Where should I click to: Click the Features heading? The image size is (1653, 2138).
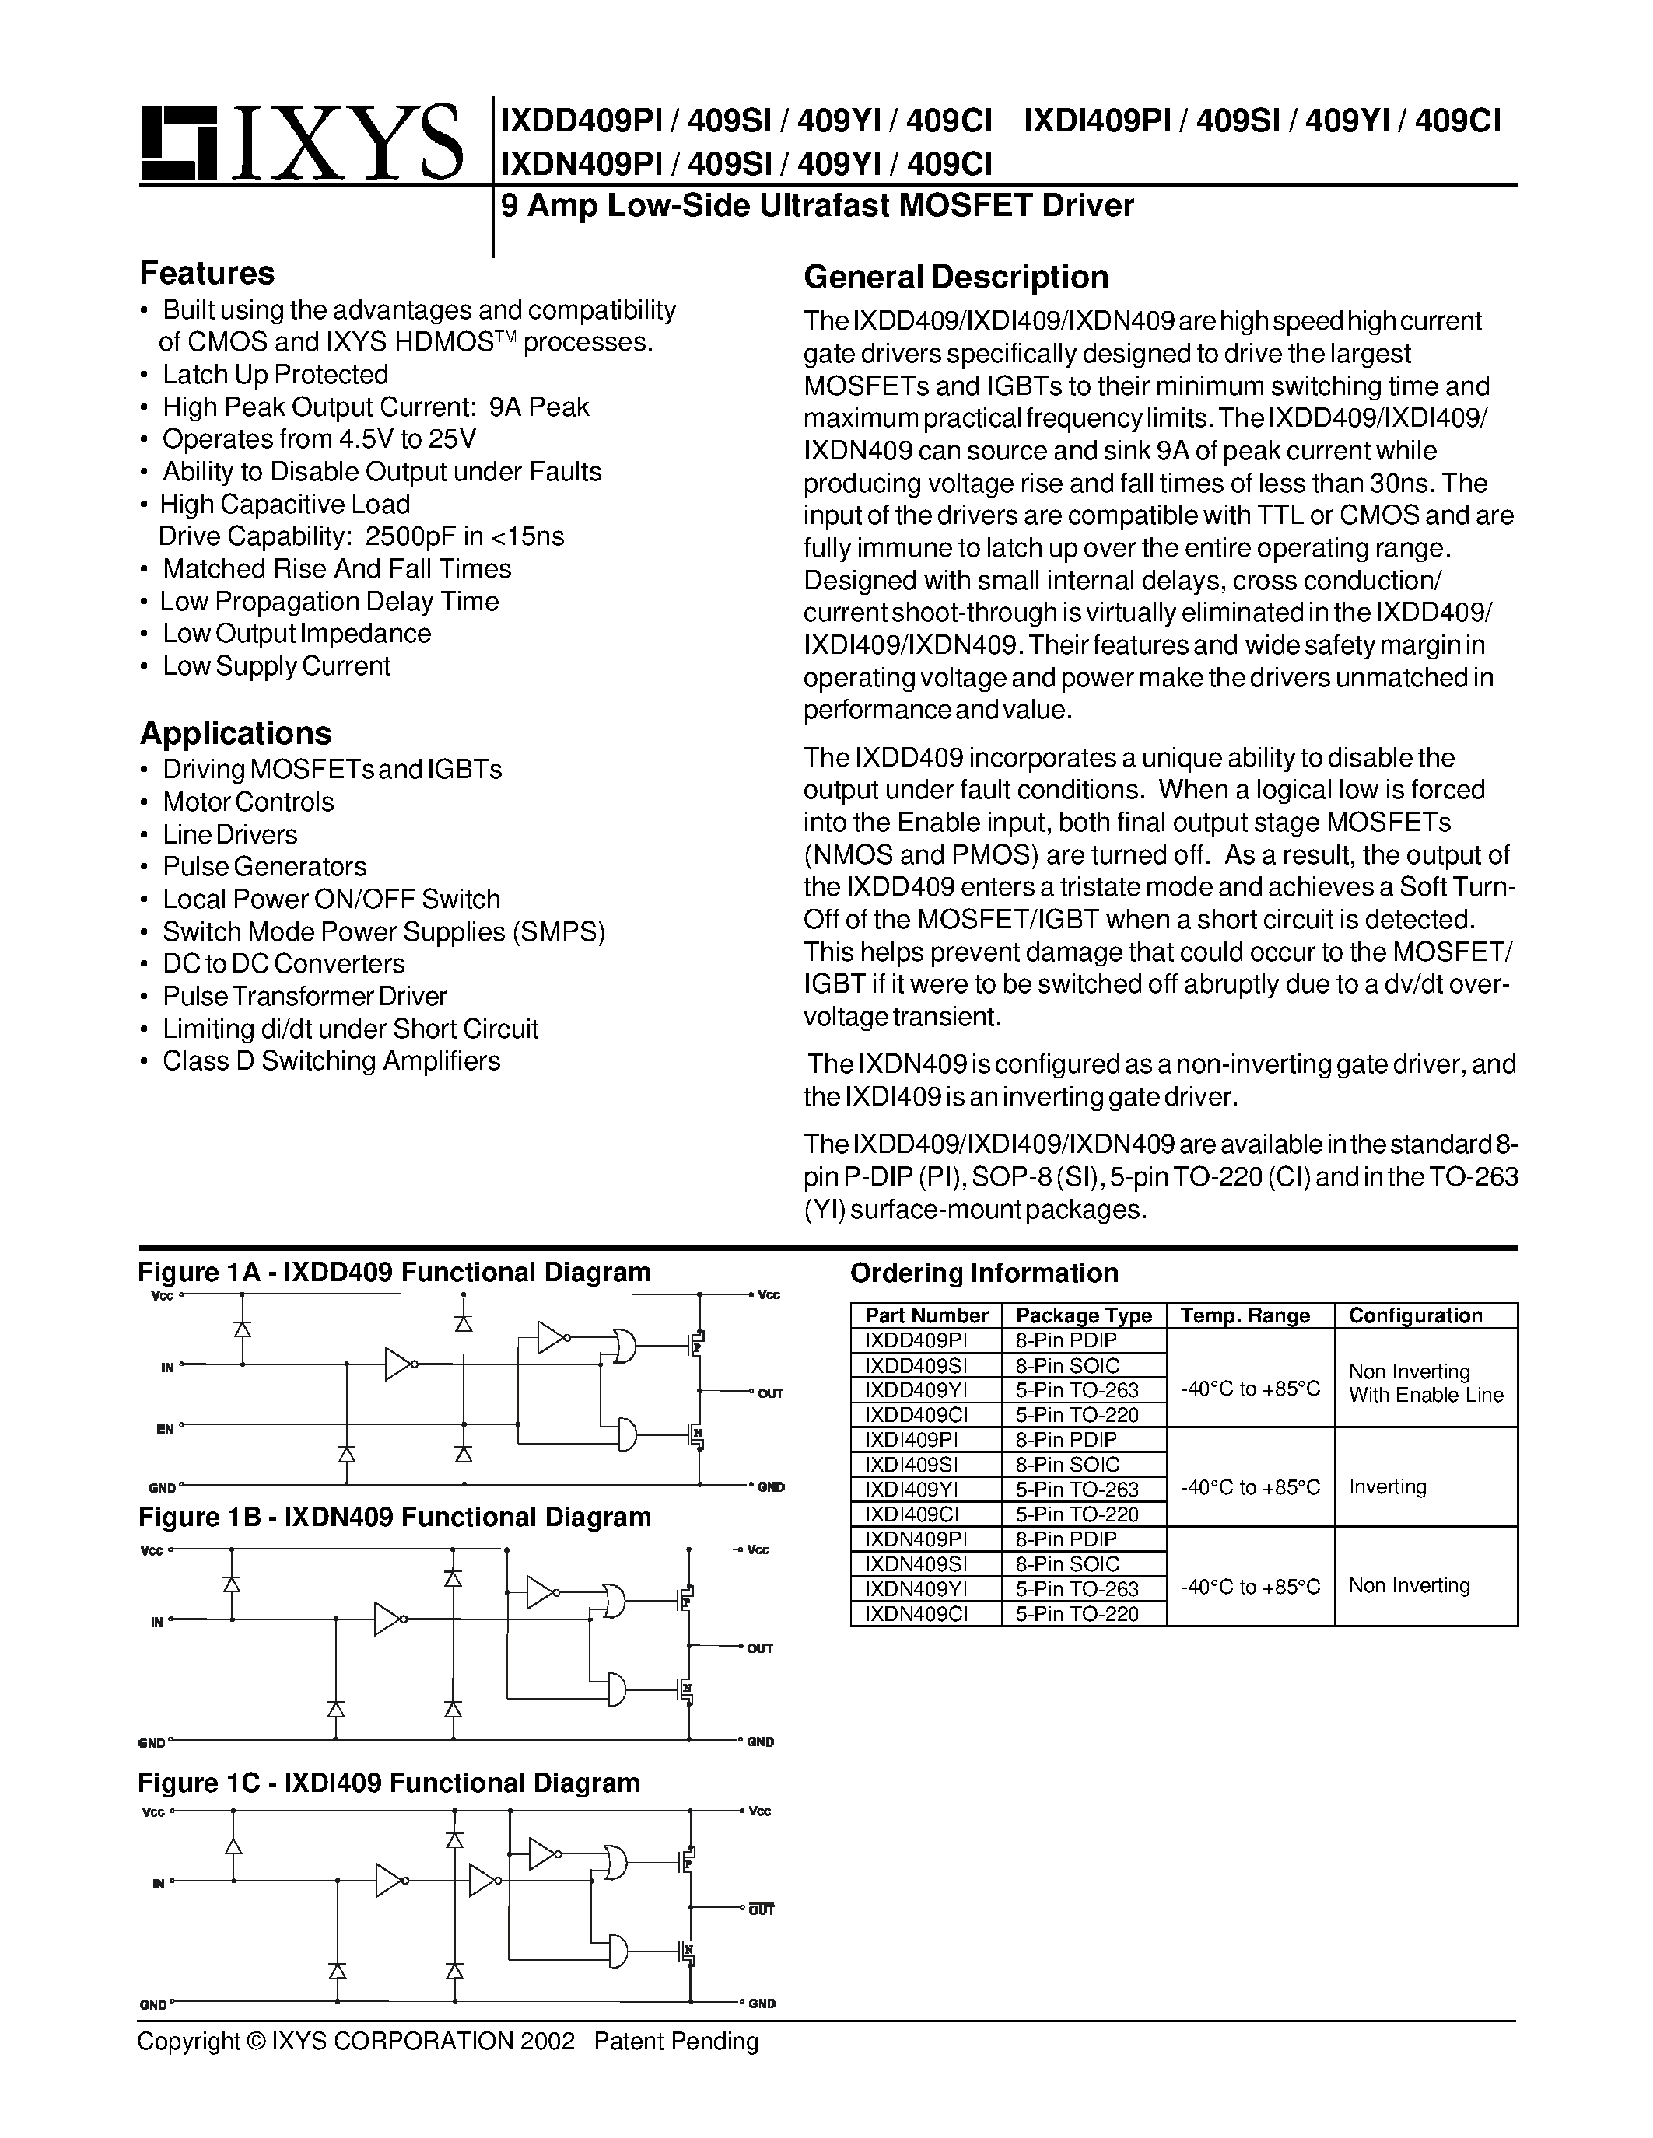tap(207, 272)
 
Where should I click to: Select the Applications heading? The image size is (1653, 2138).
tap(235, 733)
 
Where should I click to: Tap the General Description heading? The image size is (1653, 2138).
tap(956, 277)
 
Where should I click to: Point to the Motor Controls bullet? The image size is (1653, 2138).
tap(247, 802)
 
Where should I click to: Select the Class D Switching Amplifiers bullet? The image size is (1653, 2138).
tap(331, 1061)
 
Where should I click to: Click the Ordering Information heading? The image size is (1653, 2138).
tap(983, 1273)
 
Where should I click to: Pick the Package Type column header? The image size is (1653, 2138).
tap(1083, 1315)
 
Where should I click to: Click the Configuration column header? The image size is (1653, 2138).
tap(1415, 1315)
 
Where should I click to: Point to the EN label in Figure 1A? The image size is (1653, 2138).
tap(166, 1429)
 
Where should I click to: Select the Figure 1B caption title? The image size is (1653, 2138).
tap(394, 1518)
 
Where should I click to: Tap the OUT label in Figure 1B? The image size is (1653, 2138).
tap(760, 1648)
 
